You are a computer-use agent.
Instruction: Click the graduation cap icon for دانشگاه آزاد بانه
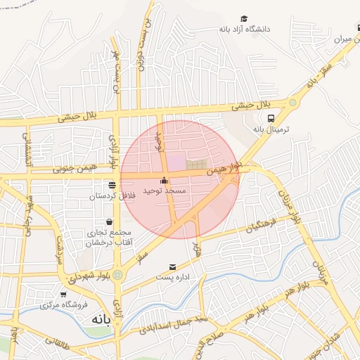point(244,19)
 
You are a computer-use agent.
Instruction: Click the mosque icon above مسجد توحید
point(164,180)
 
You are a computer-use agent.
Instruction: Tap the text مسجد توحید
point(164,191)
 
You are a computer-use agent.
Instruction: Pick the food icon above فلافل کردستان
point(112,184)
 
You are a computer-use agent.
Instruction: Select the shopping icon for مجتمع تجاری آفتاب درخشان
point(109,221)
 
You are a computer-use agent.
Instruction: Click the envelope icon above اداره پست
point(173,267)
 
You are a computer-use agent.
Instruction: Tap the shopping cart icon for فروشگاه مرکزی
point(63,295)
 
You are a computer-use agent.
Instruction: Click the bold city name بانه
point(98,319)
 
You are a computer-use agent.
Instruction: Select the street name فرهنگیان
point(261,226)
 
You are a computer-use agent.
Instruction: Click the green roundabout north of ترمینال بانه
point(292,102)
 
